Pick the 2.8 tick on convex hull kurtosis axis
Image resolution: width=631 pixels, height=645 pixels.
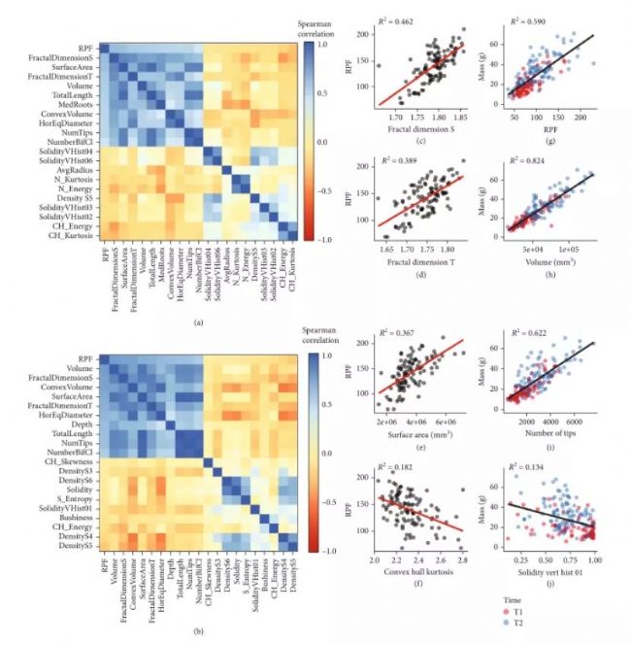point(460,561)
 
